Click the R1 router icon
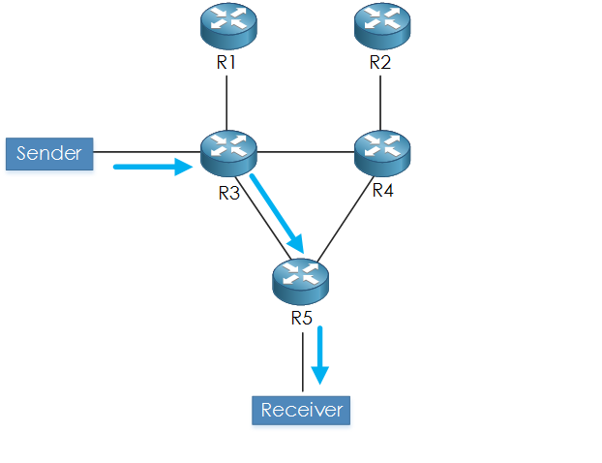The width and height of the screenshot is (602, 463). click(226, 26)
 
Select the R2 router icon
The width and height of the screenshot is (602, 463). click(380, 26)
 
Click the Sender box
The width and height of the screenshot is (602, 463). click(49, 153)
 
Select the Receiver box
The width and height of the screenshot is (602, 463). click(301, 410)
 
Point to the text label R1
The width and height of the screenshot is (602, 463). click(226, 64)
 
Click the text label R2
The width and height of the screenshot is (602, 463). click(380, 64)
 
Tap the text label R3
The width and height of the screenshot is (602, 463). click(228, 192)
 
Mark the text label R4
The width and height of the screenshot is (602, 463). click(383, 190)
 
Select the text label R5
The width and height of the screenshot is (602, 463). click(301, 317)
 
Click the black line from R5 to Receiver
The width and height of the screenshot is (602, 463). click(302, 362)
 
